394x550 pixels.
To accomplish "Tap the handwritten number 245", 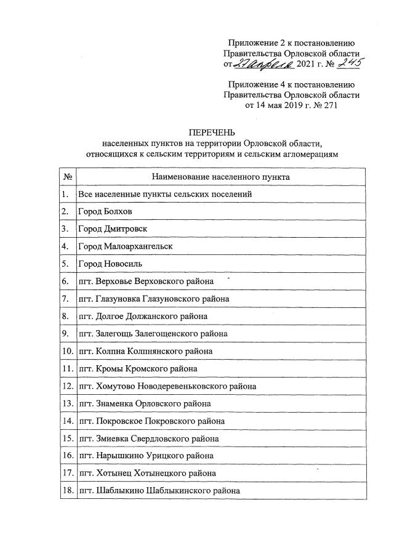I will [x=345, y=62].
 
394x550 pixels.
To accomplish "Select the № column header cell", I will [x=67, y=177].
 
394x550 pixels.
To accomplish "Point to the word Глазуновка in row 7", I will [x=119, y=299].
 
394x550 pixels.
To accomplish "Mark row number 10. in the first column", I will [x=67, y=351].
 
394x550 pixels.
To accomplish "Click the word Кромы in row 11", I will [x=110, y=369].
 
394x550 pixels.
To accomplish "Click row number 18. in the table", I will [x=67, y=491].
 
